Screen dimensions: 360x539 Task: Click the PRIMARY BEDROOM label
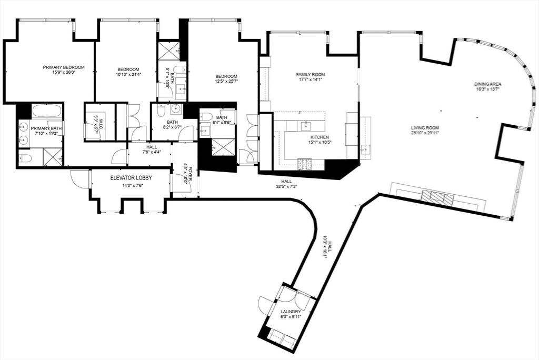coord(64,67)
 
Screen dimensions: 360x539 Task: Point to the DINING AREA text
coord(487,84)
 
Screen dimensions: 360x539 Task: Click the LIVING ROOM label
coord(425,128)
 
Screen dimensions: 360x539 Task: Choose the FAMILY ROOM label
coord(310,75)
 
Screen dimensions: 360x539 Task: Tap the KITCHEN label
coord(319,137)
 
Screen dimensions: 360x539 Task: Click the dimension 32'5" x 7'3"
coord(286,186)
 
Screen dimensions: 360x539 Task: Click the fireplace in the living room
coord(436,198)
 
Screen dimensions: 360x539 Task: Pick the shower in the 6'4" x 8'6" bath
coord(223,147)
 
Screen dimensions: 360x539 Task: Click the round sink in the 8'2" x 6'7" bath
coord(176,109)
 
